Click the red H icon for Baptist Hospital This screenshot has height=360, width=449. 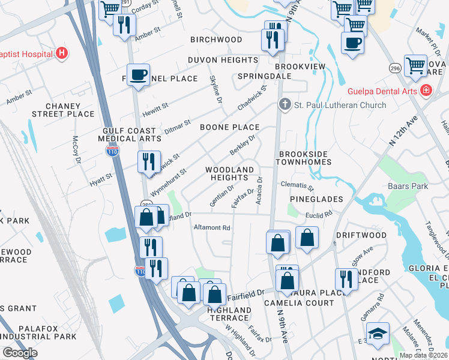click(61, 53)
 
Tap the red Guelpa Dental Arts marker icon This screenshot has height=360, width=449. click(426, 91)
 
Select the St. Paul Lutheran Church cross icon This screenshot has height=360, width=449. click(285, 105)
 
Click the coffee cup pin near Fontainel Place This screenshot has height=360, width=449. click(139, 75)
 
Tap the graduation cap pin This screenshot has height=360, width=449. click(377, 334)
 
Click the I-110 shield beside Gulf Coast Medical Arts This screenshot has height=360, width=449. click(112, 152)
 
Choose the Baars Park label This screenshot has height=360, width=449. click(408, 186)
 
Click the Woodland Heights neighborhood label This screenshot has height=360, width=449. click(229, 174)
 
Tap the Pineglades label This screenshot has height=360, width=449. click(316, 199)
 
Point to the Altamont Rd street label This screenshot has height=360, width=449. click(212, 228)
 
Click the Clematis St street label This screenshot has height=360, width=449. click(297, 187)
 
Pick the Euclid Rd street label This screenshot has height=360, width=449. click(319, 214)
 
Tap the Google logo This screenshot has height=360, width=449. click(20, 353)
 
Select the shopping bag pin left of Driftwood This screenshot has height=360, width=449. click(307, 238)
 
